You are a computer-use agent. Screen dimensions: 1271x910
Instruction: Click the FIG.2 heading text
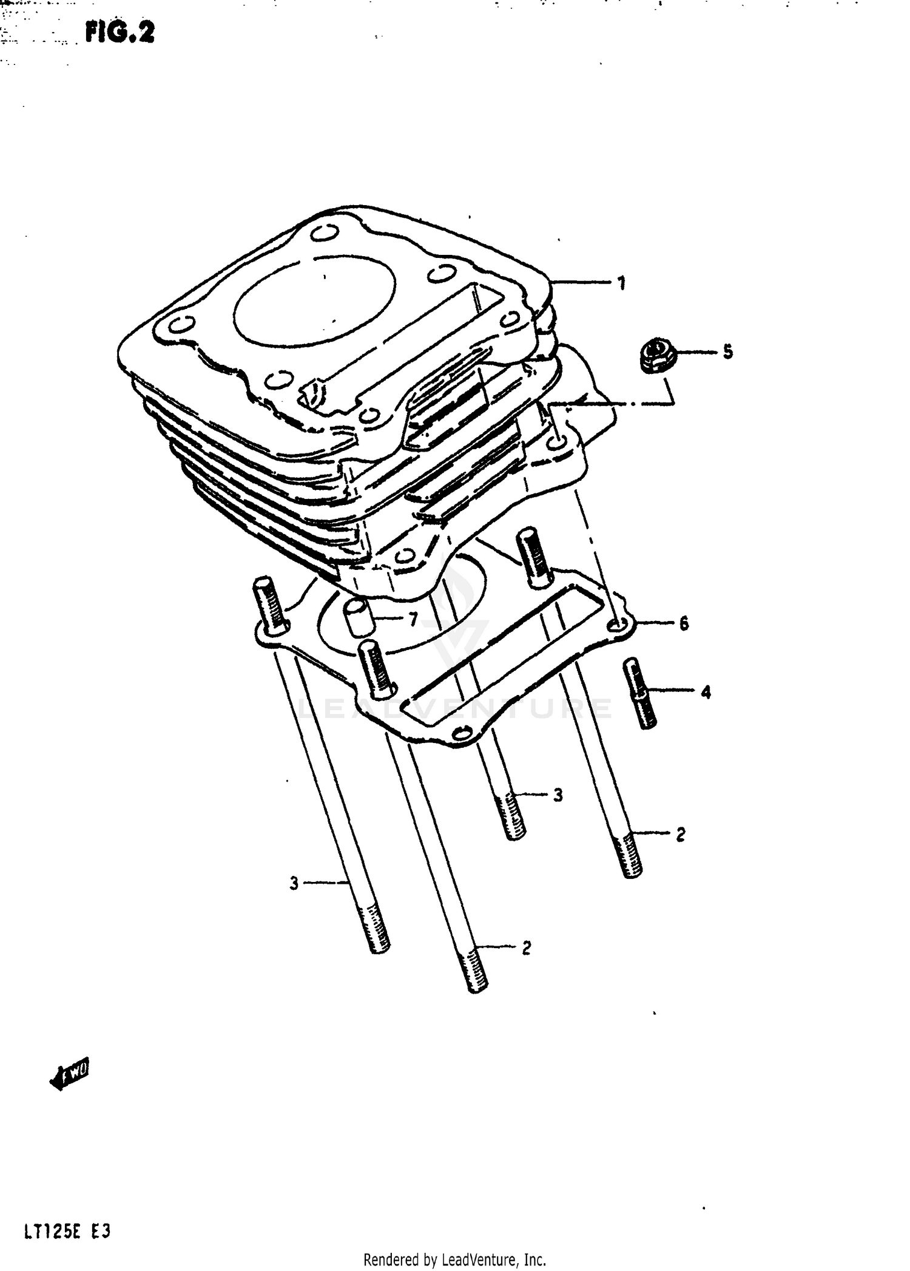coord(120,33)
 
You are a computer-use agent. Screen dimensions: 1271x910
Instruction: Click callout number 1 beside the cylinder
coord(621,283)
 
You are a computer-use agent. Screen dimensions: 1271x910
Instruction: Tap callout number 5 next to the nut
coord(727,351)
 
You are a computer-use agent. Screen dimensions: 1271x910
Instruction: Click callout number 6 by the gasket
coord(684,623)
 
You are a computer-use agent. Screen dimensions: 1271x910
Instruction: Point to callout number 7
coord(413,619)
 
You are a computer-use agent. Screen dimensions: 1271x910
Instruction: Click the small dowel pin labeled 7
coord(358,617)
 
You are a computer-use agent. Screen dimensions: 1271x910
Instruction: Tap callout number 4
coord(705,691)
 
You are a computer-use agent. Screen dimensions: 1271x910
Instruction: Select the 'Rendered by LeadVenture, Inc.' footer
coord(455,1259)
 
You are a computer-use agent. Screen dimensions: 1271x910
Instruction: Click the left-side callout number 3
coord(294,883)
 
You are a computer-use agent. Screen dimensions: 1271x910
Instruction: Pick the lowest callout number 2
coord(526,947)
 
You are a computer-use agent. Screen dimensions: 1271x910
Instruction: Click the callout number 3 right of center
coord(558,795)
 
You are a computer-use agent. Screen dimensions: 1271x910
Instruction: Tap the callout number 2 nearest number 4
coord(680,835)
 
